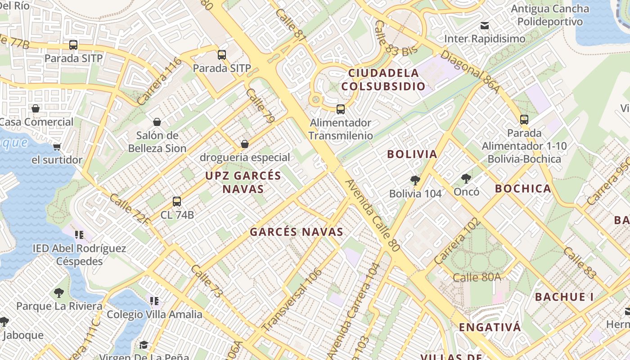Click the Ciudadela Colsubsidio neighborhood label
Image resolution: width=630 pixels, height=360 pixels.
click(x=387, y=79)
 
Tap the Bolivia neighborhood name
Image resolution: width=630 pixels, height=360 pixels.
click(x=412, y=154)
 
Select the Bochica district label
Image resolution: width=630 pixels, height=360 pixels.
click(x=523, y=189)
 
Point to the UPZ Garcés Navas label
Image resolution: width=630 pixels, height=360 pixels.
click(x=243, y=182)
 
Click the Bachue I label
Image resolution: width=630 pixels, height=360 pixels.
click(x=564, y=297)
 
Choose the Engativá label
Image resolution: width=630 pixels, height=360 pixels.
click(x=490, y=327)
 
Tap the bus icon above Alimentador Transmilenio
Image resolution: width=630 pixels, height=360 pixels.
click(x=341, y=109)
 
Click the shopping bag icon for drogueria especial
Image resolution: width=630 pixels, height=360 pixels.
click(x=245, y=144)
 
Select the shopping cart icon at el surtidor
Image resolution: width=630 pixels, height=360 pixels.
click(x=57, y=147)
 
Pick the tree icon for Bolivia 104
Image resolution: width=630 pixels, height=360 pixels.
click(x=415, y=180)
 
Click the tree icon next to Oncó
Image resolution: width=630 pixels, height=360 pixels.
click(x=466, y=179)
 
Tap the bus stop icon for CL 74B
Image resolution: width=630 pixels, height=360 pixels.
click(x=177, y=202)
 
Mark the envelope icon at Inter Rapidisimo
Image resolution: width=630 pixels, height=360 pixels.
click(x=485, y=26)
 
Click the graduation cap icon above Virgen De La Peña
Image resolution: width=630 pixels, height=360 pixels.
click(x=144, y=345)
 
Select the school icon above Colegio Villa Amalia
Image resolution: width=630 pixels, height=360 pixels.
click(x=154, y=301)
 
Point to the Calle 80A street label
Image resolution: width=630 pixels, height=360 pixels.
click(x=477, y=277)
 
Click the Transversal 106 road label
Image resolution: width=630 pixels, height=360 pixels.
click(x=292, y=299)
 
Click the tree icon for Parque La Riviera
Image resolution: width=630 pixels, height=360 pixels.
click(x=59, y=293)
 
